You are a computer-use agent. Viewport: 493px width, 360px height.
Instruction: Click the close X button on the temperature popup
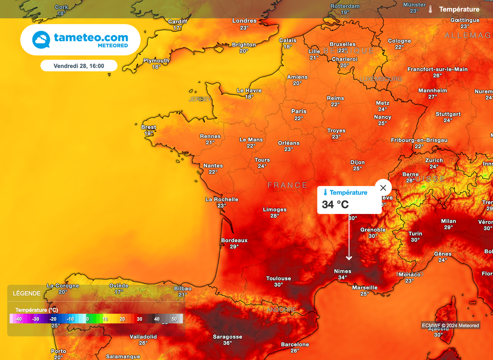[x=383, y=188]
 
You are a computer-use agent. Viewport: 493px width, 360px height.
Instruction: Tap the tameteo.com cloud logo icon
[x=41, y=40]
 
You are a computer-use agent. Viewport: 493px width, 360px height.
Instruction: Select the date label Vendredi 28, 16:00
[x=79, y=66]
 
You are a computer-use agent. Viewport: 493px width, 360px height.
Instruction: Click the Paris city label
[x=299, y=111]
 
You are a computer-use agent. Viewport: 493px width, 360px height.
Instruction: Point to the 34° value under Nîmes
[x=342, y=278]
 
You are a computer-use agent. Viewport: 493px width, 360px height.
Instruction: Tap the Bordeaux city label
[x=234, y=240]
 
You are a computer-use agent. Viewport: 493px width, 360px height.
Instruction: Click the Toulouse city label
[x=279, y=279]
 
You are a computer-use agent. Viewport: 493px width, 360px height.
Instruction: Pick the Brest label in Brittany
[x=149, y=127]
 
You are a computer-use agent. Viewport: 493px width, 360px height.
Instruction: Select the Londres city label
[x=245, y=21]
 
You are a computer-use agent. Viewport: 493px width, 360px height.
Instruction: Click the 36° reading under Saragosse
[x=228, y=343]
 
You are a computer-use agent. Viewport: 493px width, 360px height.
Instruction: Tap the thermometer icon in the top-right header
[x=430, y=9]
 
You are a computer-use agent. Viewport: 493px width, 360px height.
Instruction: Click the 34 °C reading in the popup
[x=336, y=205]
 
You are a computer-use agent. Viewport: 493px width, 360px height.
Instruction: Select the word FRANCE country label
[x=287, y=185]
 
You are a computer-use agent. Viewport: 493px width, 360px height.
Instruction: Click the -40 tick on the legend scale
[x=18, y=319]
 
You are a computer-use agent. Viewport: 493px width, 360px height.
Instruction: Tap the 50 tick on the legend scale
[x=174, y=319]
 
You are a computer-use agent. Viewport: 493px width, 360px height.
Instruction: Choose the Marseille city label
[x=364, y=288]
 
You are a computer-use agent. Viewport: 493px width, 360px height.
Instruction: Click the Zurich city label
[x=434, y=160]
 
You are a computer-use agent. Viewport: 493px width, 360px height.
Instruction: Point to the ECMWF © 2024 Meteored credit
[x=451, y=326]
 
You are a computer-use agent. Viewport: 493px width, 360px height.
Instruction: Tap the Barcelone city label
[x=295, y=345]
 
